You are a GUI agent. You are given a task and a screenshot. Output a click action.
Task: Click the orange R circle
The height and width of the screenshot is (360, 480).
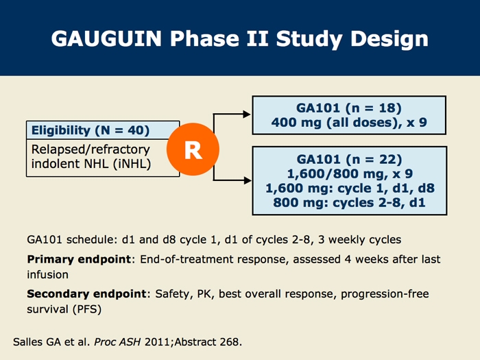point(193,149)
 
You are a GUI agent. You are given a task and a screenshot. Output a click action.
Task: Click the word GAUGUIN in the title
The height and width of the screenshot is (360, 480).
point(106,38)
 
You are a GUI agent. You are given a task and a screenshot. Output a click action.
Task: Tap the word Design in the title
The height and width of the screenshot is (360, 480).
point(389,40)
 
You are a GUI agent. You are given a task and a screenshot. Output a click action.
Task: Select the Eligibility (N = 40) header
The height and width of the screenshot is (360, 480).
point(91,130)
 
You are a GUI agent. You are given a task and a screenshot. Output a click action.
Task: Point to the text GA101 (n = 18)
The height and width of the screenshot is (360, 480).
point(348,108)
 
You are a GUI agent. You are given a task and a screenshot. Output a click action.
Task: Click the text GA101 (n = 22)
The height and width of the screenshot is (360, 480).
point(349,160)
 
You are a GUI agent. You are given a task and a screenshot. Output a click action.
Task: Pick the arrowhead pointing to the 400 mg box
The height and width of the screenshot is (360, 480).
point(247,115)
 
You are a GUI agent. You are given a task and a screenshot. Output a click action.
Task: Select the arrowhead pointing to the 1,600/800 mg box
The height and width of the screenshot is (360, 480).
point(248,180)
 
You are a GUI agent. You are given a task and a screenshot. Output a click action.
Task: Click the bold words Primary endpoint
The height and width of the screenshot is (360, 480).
point(79,259)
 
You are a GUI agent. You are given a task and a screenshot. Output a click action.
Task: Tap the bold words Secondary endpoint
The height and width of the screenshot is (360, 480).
point(86,294)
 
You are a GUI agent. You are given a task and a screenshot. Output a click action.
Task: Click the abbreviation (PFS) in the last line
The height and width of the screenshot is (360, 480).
point(87,309)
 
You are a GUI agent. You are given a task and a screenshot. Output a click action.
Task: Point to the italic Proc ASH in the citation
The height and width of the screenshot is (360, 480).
point(117,342)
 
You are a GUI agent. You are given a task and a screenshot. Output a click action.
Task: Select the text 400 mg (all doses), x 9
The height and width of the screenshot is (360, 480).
point(349,123)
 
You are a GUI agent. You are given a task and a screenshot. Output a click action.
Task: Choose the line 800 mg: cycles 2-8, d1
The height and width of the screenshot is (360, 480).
point(349,203)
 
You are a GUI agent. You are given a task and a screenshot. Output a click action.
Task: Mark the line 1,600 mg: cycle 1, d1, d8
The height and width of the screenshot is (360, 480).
point(350,189)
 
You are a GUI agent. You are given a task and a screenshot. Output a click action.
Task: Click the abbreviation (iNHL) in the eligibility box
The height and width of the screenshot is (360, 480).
point(132,164)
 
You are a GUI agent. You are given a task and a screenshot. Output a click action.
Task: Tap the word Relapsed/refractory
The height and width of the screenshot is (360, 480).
point(91,149)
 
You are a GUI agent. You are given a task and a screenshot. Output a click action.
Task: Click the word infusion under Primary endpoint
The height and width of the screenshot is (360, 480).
point(48,274)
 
